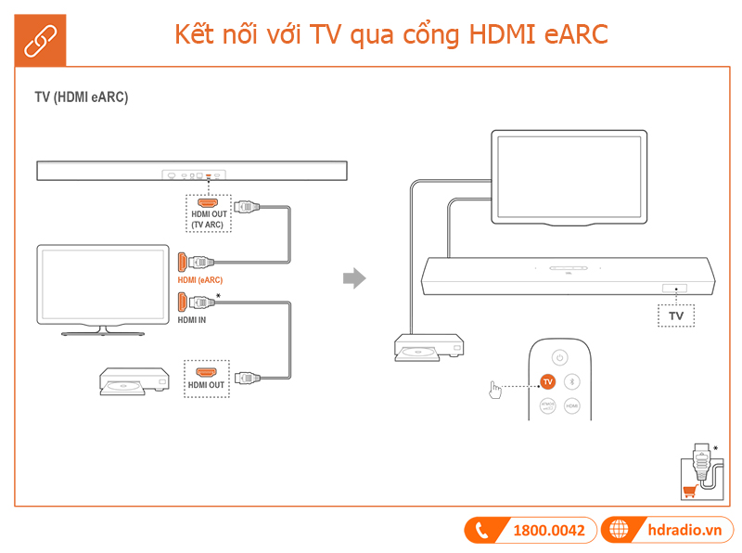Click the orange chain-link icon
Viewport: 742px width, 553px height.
(39, 39)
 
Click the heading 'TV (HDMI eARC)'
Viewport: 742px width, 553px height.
(82, 97)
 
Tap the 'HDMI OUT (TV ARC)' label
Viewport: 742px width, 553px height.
(209, 219)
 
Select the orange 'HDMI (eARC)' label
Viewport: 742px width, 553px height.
(200, 279)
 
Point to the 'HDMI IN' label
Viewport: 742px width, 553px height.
(192, 320)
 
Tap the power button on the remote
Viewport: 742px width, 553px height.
(558, 357)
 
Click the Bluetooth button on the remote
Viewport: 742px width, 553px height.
(572, 381)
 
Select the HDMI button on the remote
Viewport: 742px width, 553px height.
(572, 406)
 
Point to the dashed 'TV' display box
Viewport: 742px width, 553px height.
(675, 315)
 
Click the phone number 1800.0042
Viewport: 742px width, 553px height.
(549, 530)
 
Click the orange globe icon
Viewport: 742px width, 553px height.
(618, 530)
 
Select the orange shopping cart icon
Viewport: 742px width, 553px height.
(689, 492)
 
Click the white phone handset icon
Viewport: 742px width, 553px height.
(481, 531)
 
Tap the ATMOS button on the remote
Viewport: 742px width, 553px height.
(547, 406)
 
